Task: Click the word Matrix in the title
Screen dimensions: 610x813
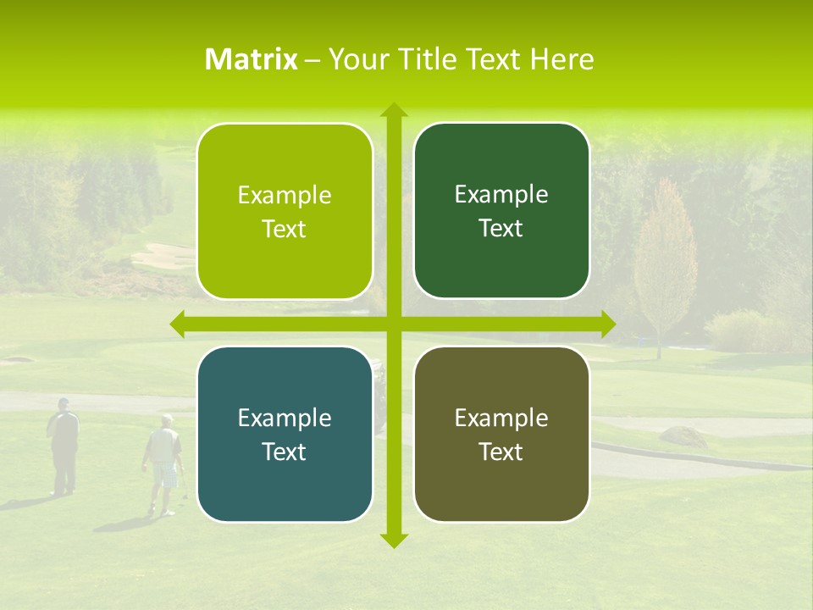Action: click(x=251, y=59)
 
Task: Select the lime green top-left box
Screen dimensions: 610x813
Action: click(x=285, y=211)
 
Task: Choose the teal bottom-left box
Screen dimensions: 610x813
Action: click(x=285, y=434)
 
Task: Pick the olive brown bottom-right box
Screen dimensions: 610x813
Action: click(x=501, y=434)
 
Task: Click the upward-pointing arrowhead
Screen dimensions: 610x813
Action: click(x=394, y=109)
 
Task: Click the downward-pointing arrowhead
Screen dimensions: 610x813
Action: click(x=394, y=540)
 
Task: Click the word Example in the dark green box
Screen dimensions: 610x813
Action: click(x=501, y=194)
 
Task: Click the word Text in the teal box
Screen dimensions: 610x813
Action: click(x=285, y=452)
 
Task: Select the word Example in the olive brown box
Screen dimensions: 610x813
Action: click(x=501, y=418)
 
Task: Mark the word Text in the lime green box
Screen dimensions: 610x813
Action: click(x=285, y=230)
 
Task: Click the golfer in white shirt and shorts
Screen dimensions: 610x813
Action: click(x=163, y=462)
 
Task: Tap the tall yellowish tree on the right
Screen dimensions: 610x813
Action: click(x=666, y=263)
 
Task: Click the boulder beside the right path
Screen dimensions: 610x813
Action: click(x=683, y=436)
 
